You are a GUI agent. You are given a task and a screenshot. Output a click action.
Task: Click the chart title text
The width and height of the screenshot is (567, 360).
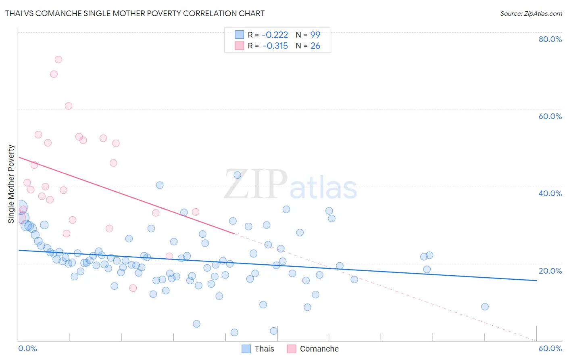(135, 13)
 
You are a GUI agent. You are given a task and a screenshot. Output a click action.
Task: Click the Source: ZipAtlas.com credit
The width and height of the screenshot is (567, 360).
(531, 14)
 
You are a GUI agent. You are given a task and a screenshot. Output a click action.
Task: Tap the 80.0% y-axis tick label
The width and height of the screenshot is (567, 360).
(550, 39)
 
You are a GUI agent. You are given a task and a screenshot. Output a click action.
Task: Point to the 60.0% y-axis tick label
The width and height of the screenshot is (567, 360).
(550, 116)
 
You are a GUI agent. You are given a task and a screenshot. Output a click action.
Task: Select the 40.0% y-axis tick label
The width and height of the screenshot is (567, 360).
(550, 193)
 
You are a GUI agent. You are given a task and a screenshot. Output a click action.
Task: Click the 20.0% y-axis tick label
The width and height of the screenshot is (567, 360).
(550, 271)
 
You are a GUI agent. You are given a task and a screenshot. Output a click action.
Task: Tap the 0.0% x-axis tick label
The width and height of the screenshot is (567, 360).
(27, 348)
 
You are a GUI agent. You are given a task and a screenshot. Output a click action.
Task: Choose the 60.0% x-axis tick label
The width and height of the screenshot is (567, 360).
(550, 348)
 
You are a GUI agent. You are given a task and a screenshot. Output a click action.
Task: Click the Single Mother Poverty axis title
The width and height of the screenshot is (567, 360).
(11, 184)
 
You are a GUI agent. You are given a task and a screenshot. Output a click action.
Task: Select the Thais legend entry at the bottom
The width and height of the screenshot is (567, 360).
(264, 349)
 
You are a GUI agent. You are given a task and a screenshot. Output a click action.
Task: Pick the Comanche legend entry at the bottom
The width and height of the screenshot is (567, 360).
(319, 349)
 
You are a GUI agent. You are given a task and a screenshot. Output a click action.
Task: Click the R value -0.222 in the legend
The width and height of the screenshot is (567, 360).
(275, 35)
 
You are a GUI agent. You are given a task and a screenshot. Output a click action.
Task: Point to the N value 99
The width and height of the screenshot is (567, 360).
(315, 35)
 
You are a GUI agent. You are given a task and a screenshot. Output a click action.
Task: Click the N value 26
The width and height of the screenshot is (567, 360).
(315, 46)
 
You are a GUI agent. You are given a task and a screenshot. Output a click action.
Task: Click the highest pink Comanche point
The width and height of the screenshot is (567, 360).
(58, 60)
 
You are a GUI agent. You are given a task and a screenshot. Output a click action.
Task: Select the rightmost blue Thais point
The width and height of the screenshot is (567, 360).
(485, 307)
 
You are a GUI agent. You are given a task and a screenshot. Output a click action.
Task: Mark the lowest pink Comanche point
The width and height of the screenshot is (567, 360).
(133, 288)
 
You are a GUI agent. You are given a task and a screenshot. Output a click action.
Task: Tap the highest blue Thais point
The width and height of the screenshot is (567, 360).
(238, 175)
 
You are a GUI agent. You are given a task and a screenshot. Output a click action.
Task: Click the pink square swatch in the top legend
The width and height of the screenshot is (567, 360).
(240, 46)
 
